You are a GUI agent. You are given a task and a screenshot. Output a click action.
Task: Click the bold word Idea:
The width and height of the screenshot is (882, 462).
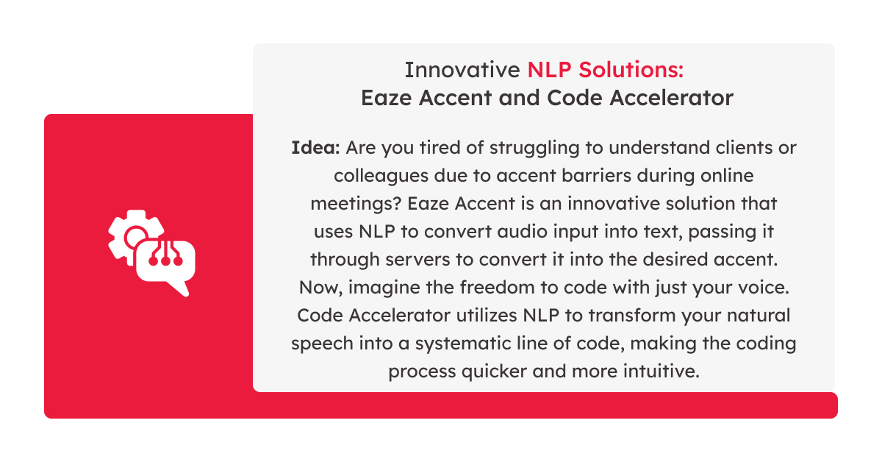point(315,148)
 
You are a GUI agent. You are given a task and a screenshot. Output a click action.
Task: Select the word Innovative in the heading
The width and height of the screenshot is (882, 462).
point(462,70)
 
